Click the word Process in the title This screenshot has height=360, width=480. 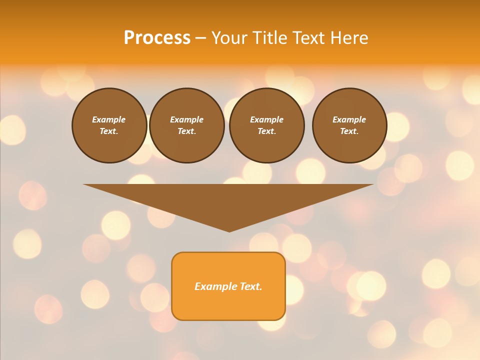[x=157, y=38]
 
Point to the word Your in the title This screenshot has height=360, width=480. [x=229, y=38]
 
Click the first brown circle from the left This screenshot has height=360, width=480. [x=109, y=125]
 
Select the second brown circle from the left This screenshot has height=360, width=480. [x=187, y=125]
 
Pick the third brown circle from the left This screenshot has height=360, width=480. [x=267, y=125]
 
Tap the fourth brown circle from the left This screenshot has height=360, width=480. [x=349, y=125]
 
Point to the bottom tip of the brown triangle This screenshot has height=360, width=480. [x=229, y=230]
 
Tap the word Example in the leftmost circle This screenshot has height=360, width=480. [x=109, y=119]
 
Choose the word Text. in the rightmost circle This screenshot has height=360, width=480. [x=349, y=131]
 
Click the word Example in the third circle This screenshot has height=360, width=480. [x=267, y=119]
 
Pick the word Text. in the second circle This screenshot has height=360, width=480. [x=187, y=131]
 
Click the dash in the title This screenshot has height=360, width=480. [x=200, y=38]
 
